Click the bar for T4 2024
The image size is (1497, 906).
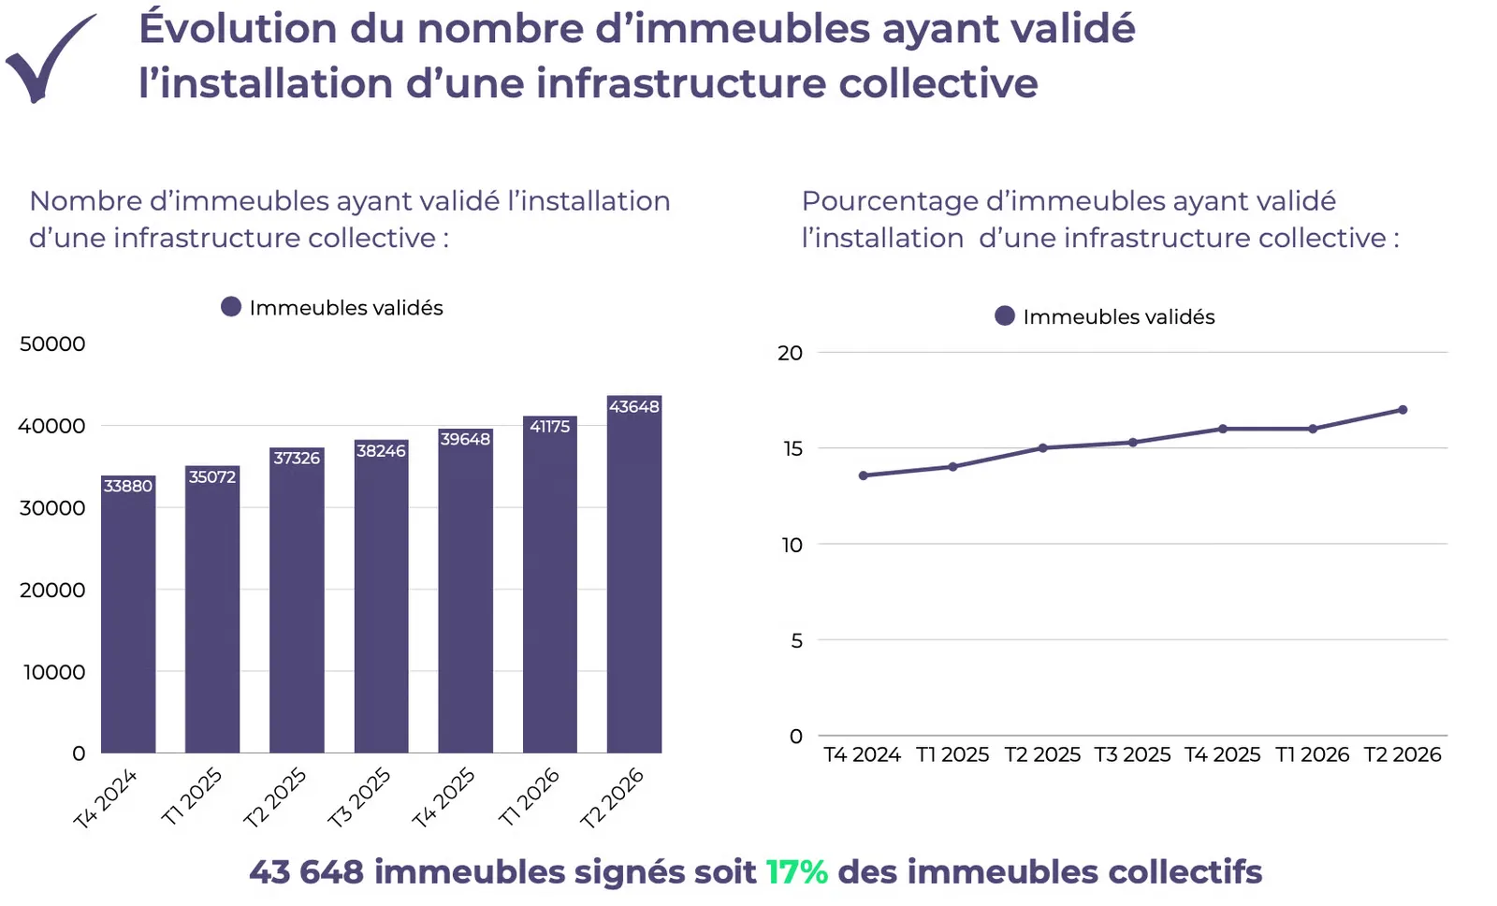click(x=128, y=614)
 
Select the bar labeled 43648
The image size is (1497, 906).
click(x=634, y=574)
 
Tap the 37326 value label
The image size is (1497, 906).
click(x=297, y=458)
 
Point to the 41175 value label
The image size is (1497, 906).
click(x=550, y=427)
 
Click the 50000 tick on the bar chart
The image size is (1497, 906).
click(x=52, y=343)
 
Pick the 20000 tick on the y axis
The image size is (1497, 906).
click(x=52, y=590)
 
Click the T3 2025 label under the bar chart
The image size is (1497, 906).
click(x=358, y=797)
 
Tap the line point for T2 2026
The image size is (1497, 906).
click(x=1403, y=410)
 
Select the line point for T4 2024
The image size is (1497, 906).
click(x=863, y=475)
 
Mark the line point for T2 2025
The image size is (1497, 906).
click(x=1042, y=448)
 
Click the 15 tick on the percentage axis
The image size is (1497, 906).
click(x=792, y=448)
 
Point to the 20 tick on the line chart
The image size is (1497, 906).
click(x=790, y=353)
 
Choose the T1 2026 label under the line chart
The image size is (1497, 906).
click(x=1312, y=755)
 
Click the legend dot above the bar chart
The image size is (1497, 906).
click(x=231, y=307)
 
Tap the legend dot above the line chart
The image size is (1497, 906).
click(x=1005, y=315)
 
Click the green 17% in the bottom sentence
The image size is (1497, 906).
click(x=796, y=872)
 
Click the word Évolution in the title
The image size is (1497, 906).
click(x=238, y=27)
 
